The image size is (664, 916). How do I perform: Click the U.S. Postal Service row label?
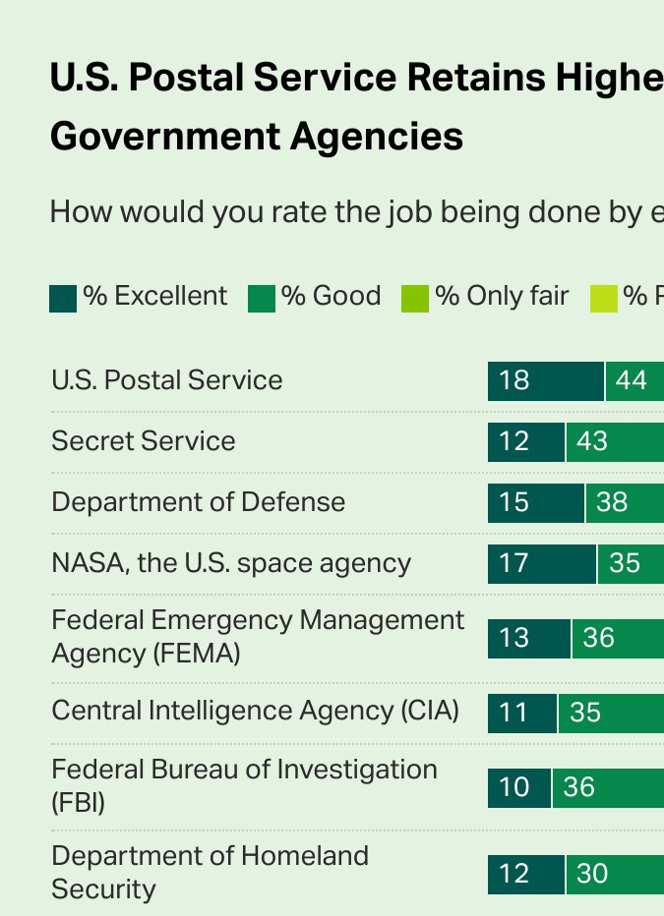click(x=167, y=380)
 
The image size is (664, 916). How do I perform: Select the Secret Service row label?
click(x=144, y=441)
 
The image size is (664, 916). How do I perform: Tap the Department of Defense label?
click(x=199, y=502)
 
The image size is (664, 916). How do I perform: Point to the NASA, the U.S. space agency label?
click(x=231, y=563)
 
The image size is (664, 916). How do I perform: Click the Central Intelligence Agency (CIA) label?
click(x=256, y=711)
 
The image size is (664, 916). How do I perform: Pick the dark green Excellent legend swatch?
click(x=63, y=298)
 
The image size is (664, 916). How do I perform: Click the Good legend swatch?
click(x=262, y=298)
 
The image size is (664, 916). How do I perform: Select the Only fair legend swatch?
click(x=415, y=298)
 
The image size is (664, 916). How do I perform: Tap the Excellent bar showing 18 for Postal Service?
click(x=545, y=380)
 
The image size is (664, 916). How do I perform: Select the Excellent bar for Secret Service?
click(x=525, y=441)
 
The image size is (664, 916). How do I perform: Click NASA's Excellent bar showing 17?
click(x=541, y=563)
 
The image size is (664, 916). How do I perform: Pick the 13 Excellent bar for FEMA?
click(x=528, y=638)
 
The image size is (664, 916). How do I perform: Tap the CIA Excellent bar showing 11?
click(x=521, y=713)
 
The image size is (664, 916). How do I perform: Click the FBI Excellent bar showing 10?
click(x=518, y=787)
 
